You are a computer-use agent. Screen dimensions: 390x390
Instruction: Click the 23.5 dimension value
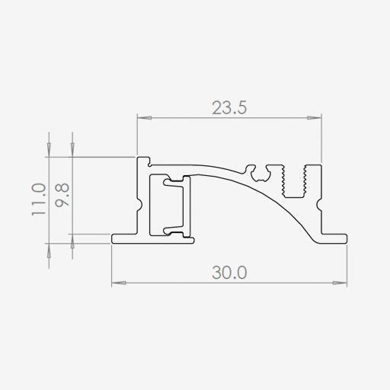pos(229,107)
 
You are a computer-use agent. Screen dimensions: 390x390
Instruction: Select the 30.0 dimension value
pos(229,273)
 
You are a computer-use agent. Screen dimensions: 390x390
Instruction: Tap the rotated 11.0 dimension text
pos(39,200)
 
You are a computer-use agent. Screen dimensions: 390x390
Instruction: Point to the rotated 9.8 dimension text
pos(62,195)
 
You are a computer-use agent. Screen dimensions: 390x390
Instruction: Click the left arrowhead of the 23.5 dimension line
pos(145,118)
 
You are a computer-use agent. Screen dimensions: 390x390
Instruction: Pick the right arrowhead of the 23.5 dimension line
pos(315,118)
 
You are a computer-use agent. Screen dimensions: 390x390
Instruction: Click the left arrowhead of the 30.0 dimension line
pos(119,283)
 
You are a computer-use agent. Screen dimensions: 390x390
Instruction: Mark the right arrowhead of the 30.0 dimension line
pos(340,283)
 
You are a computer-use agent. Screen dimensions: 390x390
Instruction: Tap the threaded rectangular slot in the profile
pos(295,181)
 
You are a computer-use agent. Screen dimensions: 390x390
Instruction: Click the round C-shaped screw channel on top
pos(258,174)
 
